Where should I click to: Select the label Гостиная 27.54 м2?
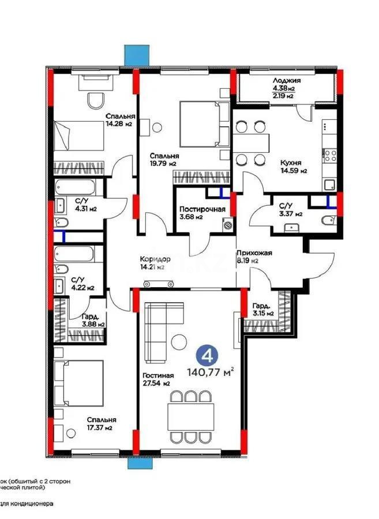[157, 379]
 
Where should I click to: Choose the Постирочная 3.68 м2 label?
[201, 213]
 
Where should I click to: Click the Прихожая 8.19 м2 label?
[253, 257]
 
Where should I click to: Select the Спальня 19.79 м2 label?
[163, 160]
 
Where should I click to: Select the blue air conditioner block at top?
[137, 55]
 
